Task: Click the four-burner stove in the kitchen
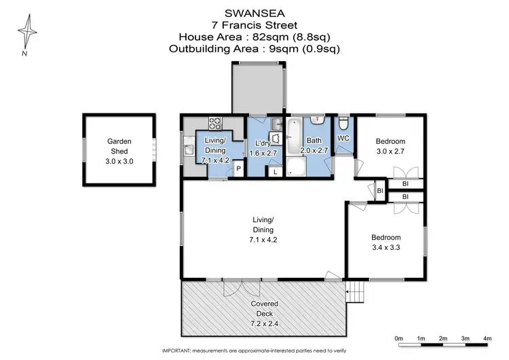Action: pyautogui.click(x=215, y=124)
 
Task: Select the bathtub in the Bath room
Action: pyautogui.click(x=295, y=138)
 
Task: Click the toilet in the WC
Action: pyautogui.click(x=343, y=124)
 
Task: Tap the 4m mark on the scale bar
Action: pyautogui.click(x=487, y=338)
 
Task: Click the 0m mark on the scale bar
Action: pyautogui.click(x=398, y=338)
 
